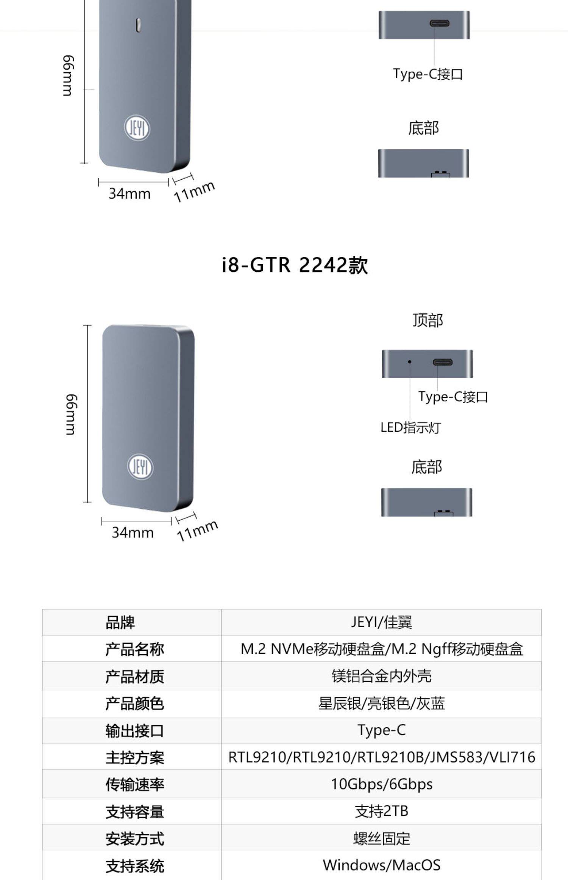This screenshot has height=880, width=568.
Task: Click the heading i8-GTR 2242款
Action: tap(295, 265)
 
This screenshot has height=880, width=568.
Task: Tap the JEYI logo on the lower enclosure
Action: tap(140, 467)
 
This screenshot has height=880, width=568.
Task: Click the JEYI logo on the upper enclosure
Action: tap(137, 128)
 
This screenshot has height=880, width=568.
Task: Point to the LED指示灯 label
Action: tap(410, 427)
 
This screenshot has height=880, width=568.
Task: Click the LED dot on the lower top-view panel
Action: tap(409, 362)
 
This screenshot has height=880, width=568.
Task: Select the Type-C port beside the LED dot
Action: tap(442, 362)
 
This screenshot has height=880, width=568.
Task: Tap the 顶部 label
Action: tap(428, 321)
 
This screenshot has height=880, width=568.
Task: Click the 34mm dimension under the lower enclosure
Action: tap(133, 532)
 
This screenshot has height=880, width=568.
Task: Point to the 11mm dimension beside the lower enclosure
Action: tap(197, 530)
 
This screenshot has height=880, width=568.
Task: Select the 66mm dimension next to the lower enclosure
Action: tap(72, 415)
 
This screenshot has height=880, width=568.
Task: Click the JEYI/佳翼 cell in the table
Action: tap(381, 622)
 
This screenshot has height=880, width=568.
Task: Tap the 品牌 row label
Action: tap(120, 623)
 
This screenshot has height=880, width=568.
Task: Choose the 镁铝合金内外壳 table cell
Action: tap(381, 676)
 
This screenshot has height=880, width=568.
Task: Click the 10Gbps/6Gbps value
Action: tap(381, 784)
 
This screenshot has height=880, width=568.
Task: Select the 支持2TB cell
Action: tap(381, 811)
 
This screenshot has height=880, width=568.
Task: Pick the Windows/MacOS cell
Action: tap(381, 865)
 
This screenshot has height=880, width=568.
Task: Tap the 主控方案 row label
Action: tap(134, 757)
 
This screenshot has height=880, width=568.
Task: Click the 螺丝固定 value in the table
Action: tap(381, 838)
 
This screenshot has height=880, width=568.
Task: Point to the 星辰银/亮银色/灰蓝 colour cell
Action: tap(381, 703)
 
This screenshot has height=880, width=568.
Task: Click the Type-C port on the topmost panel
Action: tap(439, 23)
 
